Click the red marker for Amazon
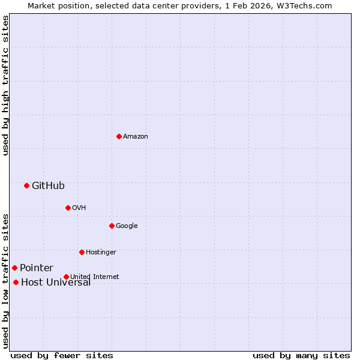coord(119,136)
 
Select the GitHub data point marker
coord(26,185)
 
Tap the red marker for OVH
coord(68,208)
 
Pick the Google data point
coord(112,226)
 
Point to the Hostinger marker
coord(82,252)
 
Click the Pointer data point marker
coord(14,268)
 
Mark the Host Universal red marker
coord(16,282)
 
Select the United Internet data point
coord(66,277)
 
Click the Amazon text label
coord(136,137)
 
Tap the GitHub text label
coord(48,186)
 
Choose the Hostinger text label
coord(101,253)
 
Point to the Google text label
coord(127,226)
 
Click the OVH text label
coord(79,208)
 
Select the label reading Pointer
coord(37,268)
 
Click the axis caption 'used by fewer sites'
coord(62,355)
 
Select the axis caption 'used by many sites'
coord(301,355)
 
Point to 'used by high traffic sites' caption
coord(5,85)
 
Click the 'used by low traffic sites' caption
coord(5,281)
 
